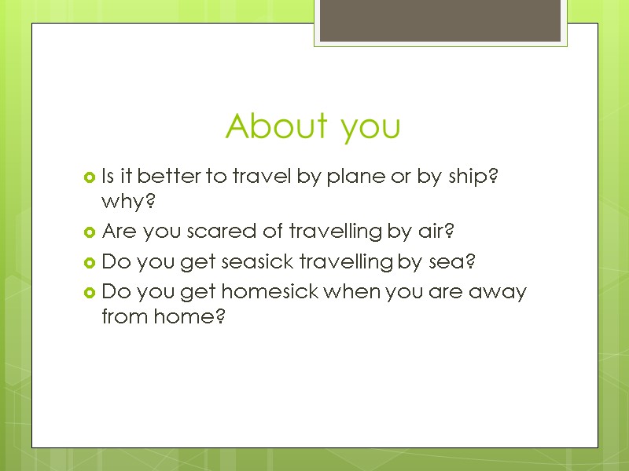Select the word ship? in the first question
(473, 177)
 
